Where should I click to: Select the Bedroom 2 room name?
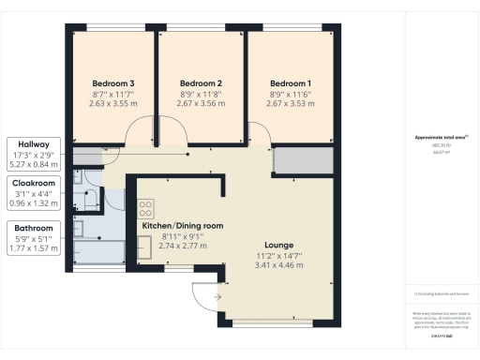[x=200, y=82]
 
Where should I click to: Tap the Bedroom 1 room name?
[x=290, y=82]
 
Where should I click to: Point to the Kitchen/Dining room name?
[x=182, y=226]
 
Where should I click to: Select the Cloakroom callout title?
[x=33, y=185]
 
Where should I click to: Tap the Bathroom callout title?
[x=33, y=228]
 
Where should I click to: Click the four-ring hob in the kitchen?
[x=146, y=209]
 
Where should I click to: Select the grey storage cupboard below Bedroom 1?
[x=302, y=161]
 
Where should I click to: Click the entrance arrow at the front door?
[x=217, y=297]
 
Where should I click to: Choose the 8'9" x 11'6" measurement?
[x=290, y=94]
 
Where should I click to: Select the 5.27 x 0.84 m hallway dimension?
[x=33, y=163]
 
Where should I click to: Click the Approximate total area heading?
[x=442, y=138]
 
